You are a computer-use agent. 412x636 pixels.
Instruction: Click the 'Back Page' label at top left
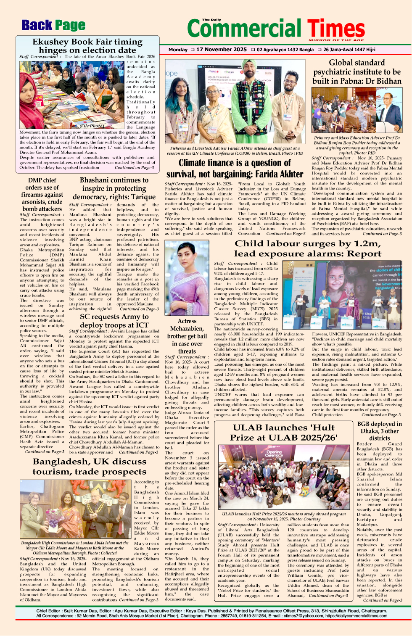tap(53, 26)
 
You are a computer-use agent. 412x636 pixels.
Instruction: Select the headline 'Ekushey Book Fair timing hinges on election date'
tap(87, 46)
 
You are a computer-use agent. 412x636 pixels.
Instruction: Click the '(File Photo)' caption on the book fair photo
tap(92, 126)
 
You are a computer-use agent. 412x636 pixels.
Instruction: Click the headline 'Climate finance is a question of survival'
tap(235, 168)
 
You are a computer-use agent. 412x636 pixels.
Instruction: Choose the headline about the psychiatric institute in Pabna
tap(357, 72)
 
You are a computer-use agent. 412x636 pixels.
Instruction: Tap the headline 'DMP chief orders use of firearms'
tap(42, 194)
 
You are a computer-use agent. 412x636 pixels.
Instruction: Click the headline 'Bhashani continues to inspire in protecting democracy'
tap(114, 188)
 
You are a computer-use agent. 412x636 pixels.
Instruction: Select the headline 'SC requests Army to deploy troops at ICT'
tap(114, 321)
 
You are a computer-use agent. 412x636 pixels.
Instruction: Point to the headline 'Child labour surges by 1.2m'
tap(307, 248)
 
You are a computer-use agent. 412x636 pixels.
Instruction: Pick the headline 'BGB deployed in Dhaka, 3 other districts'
tap(379, 431)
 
